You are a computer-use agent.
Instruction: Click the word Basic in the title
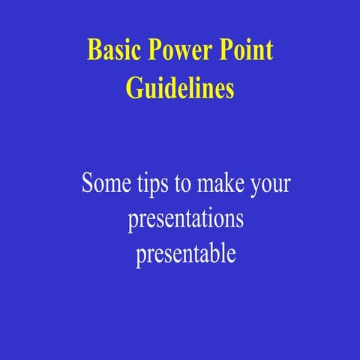click(x=109, y=50)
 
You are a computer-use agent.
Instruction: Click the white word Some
click(x=103, y=184)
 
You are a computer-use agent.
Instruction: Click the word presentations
click(x=186, y=220)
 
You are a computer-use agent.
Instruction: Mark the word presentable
click(x=186, y=254)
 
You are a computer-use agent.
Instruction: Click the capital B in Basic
click(x=94, y=50)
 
